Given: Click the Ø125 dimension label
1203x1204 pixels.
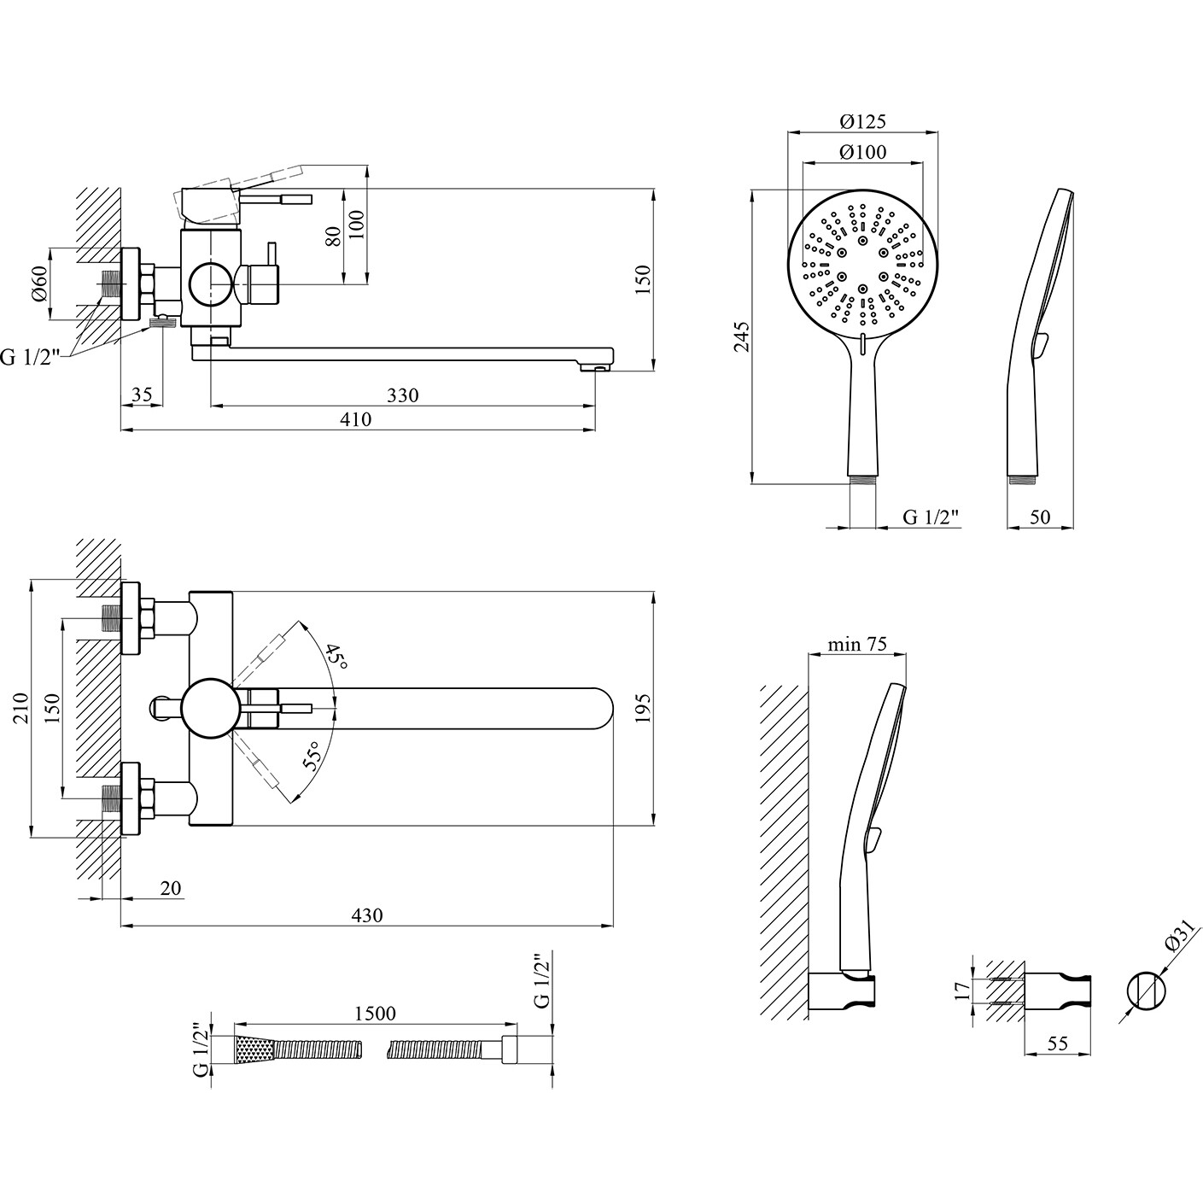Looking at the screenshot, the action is pos(863,121).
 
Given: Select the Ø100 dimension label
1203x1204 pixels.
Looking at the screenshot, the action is pos(863,152).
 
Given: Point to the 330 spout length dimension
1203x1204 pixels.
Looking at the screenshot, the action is pos(402,395).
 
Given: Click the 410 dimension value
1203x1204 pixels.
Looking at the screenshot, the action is pos(355,419).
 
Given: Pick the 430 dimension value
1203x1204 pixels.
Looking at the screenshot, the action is pos(367,915).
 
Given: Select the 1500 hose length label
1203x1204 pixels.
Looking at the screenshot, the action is pos(375,1013).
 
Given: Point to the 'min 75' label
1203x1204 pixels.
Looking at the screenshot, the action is pos(857,644).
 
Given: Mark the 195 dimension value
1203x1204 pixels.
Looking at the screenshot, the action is pos(644,709).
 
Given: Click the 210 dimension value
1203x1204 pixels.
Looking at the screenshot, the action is pos(21,708).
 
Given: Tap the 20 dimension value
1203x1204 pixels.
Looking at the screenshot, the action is pos(171,888).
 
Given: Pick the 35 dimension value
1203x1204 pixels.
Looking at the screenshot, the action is pos(142,395).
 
